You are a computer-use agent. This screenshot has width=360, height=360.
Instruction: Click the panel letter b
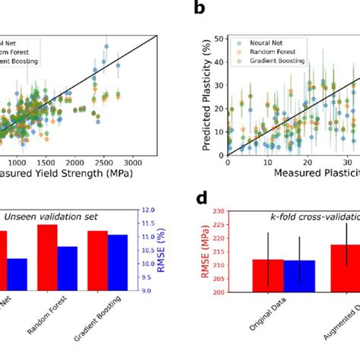(199, 8)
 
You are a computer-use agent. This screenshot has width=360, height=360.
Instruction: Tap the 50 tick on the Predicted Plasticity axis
(220, 37)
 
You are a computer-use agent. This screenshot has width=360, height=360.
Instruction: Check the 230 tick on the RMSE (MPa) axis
(221, 210)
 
